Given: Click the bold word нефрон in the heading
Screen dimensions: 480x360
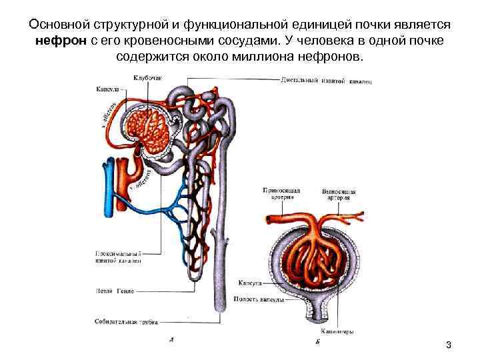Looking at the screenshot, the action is pos(63,41).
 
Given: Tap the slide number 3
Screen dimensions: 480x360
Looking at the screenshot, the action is pos(449,345).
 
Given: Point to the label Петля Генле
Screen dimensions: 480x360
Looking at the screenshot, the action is pos(113,291).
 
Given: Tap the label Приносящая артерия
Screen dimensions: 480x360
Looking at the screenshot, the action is pos(281,194).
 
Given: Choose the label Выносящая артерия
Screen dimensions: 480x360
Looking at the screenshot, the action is pos(339,194).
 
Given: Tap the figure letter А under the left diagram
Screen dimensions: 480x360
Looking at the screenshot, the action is pos(172,340).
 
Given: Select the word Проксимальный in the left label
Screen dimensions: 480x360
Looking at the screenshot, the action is pos(117,254).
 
